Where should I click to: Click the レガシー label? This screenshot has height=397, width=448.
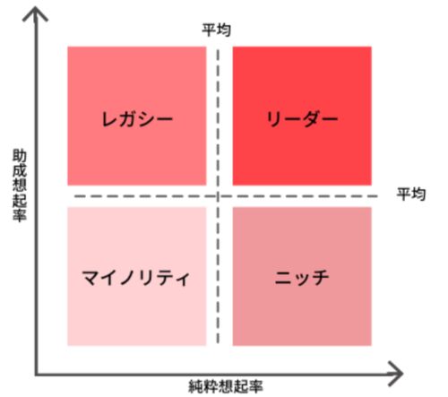coord(137,119)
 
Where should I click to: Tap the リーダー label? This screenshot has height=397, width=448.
coord(302,119)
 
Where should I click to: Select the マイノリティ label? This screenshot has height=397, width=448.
coord(136,278)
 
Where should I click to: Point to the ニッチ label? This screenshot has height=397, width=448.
coord(302,278)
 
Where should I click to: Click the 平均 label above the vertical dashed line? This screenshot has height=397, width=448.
coord(217,30)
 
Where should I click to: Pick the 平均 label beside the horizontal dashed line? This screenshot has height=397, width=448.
coord(411,194)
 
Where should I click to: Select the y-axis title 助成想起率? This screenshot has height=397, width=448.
coord(20,186)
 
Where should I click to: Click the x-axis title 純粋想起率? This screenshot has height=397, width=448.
coord(226,386)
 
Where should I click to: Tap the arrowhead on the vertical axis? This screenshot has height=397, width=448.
coord(35,13)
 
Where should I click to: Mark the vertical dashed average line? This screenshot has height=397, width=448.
coord(218,196)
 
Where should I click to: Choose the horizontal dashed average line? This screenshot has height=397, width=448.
coord(226,196)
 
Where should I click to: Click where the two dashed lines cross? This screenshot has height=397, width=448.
coord(218,196)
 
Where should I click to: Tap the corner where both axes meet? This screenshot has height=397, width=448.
coord(36,374)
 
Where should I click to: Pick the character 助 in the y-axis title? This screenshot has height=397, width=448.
coord(20,157)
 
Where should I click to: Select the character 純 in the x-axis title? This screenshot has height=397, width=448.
coord(196,386)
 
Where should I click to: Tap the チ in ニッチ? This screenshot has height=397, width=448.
coord(321,278)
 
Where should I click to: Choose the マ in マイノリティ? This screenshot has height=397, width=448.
coord(91,278)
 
